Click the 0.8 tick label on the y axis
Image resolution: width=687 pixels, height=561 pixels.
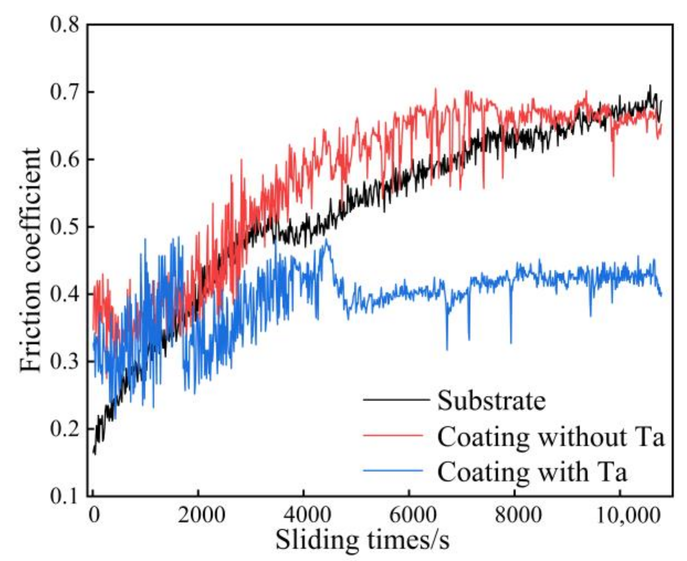click(64, 26)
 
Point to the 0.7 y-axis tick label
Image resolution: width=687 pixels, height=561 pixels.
click(64, 93)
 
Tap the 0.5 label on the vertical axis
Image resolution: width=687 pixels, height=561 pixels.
click(64, 227)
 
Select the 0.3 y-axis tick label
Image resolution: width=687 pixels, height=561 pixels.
click(64, 362)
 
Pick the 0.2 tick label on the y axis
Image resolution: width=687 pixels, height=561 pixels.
click(64, 429)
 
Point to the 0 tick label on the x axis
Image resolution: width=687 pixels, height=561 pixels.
click(94, 515)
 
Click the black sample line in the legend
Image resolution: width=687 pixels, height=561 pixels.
click(396, 399)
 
